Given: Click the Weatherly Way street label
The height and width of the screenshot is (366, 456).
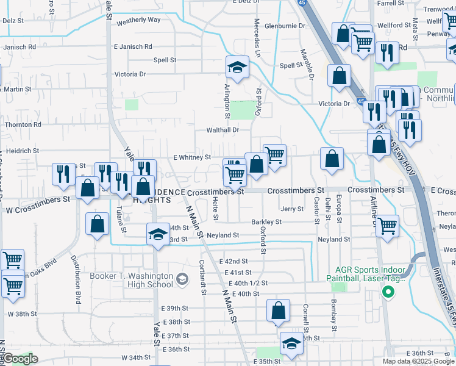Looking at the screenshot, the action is (x=138, y=20).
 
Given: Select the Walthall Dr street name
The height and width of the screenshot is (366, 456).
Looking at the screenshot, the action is (x=221, y=130).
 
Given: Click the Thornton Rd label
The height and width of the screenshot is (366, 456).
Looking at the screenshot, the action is (x=23, y=124).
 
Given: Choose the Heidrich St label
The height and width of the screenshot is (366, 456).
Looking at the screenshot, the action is (x=23, y=150).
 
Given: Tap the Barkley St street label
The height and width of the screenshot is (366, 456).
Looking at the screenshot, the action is (x=266, y=222).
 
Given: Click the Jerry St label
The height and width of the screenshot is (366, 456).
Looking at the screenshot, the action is (x=292, y=209).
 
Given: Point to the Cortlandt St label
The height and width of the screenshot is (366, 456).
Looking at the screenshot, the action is (x=201, y=278).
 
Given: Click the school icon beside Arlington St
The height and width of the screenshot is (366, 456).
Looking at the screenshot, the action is (x=237, y=68).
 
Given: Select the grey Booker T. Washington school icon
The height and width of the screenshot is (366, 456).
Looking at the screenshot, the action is (x=182, y=280).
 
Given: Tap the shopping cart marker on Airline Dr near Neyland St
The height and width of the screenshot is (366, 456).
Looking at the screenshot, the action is (x=388, y=226).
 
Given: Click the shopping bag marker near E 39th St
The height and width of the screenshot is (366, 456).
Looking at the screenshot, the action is (x=278, y=310).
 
